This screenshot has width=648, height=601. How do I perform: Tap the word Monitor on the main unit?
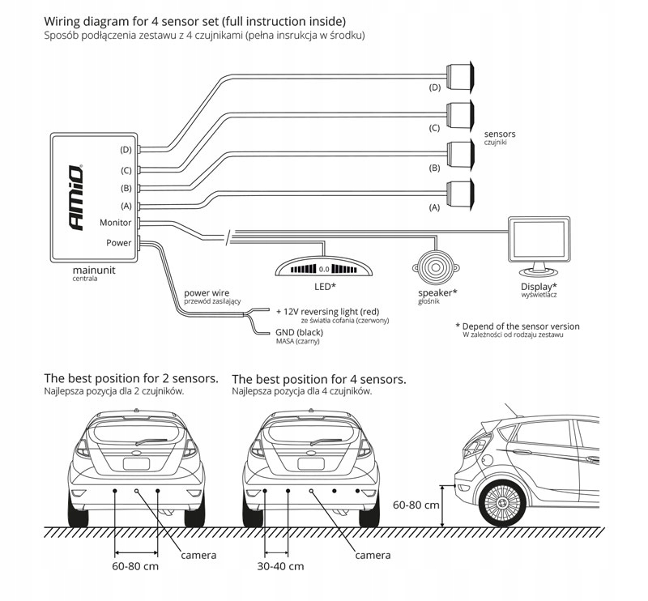pyautogui.click(x=115, y=223)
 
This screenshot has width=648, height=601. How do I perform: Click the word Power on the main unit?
pyautogui.click(x=118, y=242)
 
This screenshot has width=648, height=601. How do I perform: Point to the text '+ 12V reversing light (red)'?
pyautogui.click(x=328, y=310)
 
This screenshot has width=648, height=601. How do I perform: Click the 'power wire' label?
pyautogui.click(x=208, y=292)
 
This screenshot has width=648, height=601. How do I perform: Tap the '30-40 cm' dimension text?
pyautogui.click(x=280, y=566)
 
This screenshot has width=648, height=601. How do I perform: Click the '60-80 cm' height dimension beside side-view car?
pyautogui.click(x=416, y=505)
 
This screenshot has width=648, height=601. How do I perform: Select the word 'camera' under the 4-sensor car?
pyautogui.click(x=373, y=555)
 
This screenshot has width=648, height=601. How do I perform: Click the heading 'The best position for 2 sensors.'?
pyautogui.click(x=131, y=378)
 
